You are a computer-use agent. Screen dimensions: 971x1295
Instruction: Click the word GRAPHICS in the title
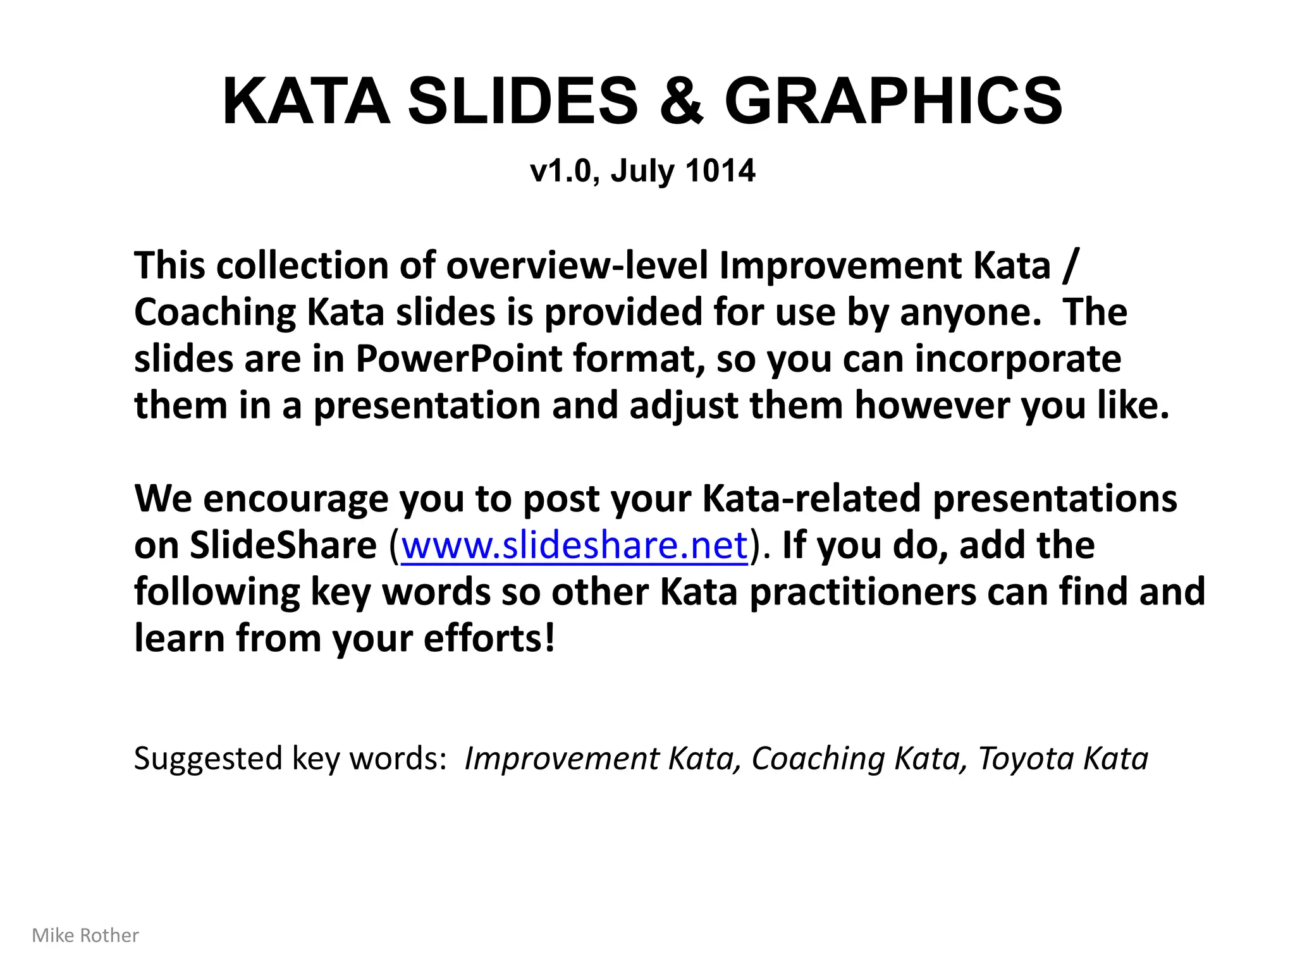893,101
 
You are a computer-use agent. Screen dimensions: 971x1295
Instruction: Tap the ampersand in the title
681,101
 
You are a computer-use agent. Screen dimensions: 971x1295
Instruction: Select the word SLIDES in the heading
522,101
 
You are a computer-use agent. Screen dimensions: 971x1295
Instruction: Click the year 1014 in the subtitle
720,171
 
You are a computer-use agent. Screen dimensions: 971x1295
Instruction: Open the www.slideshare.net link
574,545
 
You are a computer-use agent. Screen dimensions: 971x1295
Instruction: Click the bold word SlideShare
283,545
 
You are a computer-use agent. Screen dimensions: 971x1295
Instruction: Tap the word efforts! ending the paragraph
489,638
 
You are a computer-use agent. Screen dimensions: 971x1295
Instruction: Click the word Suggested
208,759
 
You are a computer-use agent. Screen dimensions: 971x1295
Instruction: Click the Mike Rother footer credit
85,936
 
